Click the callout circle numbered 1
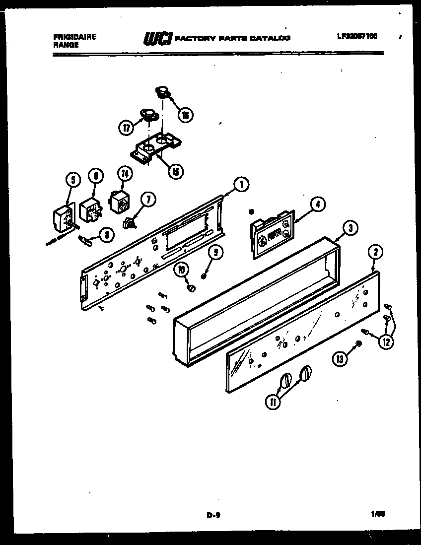pos(241,186)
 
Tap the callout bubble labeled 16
pos(186,115)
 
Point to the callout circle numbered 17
pos(127,128)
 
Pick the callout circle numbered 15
pos(175,172)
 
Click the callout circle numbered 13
pos(340,360)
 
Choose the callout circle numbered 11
pos(273,402)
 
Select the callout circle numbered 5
pos(72,180)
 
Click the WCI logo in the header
pos(158,38)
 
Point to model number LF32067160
pos(356,37)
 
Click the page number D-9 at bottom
pos(213,515)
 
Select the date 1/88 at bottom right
pos(378,514)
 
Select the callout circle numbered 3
pos(350,228)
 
